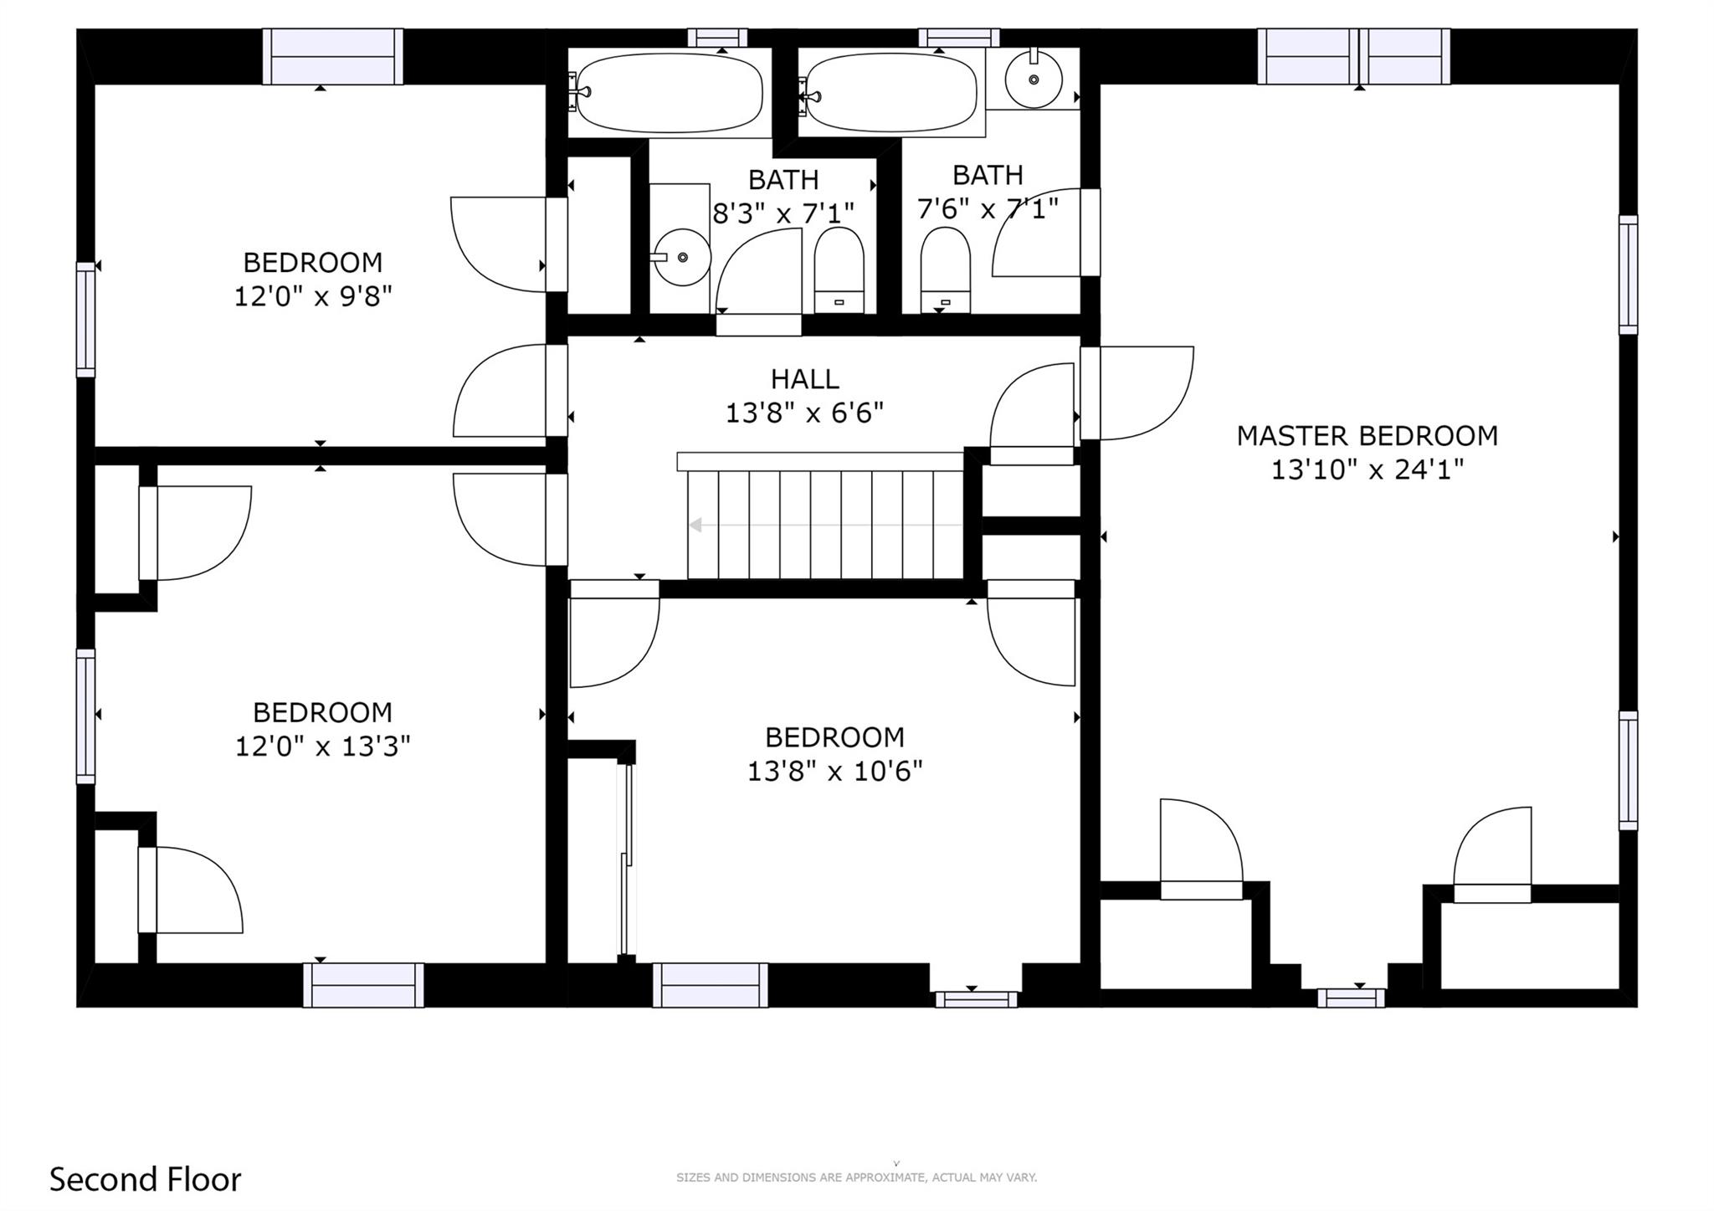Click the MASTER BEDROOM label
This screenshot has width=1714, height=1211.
coord(1367,435)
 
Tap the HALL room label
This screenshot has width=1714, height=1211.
coord(804,379)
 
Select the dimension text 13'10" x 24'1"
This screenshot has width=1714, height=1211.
coord(1367,470)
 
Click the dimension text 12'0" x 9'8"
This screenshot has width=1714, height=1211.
coord(312,295)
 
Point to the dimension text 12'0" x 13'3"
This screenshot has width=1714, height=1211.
coord(322,746)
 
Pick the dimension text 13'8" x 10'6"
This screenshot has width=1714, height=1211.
coord(834,771)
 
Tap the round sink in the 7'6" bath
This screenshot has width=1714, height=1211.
coord(1034,80)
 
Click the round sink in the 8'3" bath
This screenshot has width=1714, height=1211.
coord(682,257)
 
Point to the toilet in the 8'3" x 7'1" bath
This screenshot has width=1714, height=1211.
coord(839,269)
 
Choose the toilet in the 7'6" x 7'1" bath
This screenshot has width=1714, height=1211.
coord(946,269)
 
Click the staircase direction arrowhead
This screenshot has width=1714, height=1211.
coord(695,526)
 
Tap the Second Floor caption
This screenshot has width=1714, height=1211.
coord(145,1179)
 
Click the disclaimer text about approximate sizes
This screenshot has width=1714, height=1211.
coord(856,1178)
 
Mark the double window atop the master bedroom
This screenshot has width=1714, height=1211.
coord(1354,56)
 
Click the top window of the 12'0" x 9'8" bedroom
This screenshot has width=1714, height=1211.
coord(333,56)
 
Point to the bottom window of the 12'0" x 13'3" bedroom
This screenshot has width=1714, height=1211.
coord(363,985)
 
